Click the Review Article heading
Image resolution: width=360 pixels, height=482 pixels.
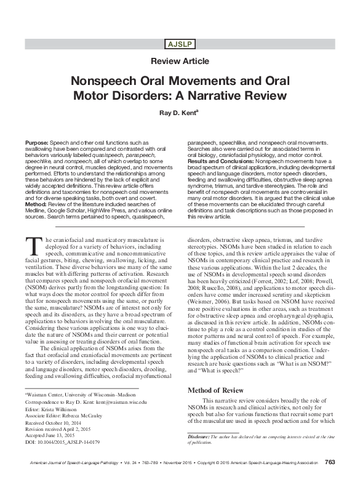click(x=180, y=62)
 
